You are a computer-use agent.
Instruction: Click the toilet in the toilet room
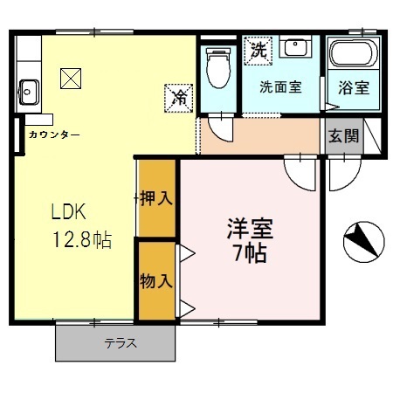pos(216,65)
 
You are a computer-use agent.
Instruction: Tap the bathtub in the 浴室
pos(354,58)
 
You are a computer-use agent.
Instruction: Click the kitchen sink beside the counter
pos(28,88)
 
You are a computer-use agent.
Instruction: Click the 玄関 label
pos(342,136)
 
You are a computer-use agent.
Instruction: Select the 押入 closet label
pos(158,198)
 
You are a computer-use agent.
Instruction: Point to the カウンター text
pos(54,134)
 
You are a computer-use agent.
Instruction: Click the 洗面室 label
pos(281,87)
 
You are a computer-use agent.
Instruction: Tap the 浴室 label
pos(353,87)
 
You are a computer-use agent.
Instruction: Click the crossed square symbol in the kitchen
pos(71,79)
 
